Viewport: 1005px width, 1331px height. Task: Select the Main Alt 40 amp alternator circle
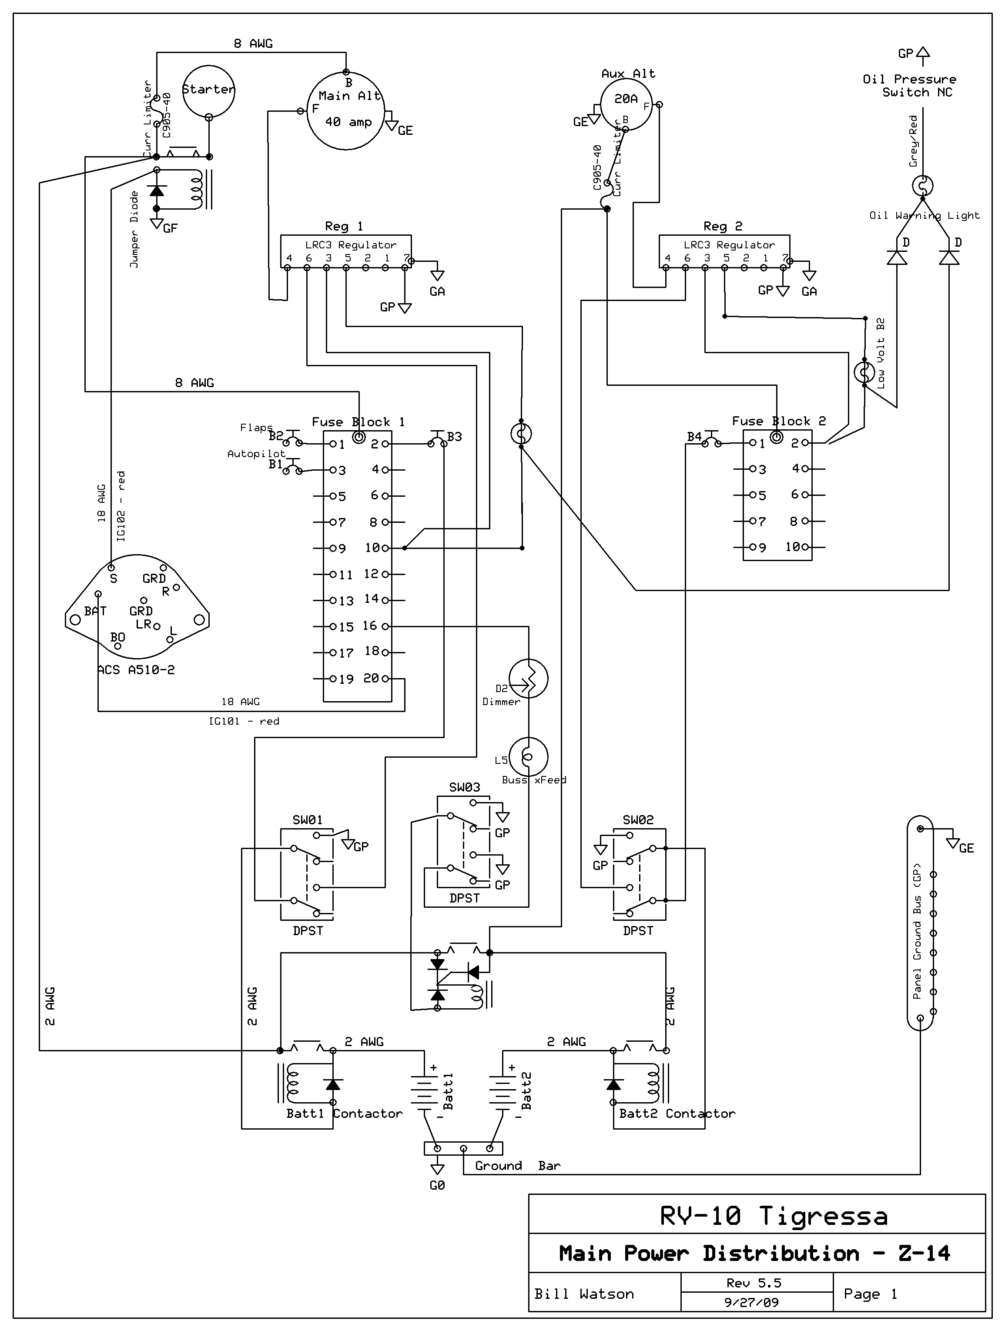pos(345,111)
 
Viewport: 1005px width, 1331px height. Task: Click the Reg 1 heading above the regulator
pos(344,226)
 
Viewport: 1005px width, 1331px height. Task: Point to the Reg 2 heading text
pos(723,226)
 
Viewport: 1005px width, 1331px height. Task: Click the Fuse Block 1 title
pos(358,422)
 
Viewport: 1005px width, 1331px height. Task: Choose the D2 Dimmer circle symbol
pos(528,678)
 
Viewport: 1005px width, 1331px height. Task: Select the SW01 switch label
pos(308,819)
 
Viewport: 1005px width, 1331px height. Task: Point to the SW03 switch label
pos(465,787)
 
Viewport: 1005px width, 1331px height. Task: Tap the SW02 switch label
pos(638,819)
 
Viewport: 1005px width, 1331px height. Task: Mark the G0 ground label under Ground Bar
pos(438,1185)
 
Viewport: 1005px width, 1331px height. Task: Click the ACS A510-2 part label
pos(137,670)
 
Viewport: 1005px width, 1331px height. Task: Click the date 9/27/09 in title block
pos(752,1302)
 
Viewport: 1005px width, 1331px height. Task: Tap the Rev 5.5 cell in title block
pos(754,1283)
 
